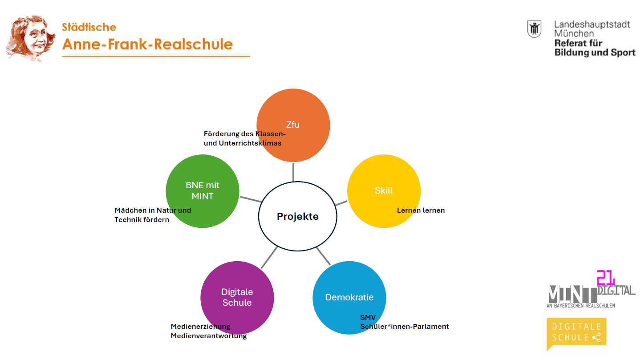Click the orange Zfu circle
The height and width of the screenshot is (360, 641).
[293, 125]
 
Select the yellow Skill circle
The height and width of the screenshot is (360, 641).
[384, 191]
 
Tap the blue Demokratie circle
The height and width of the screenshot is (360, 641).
[349, 298]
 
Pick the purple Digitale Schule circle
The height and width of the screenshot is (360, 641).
[237, 298]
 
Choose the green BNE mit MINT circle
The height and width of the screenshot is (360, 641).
[202, 191]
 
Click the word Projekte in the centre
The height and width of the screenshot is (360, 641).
[298, 216]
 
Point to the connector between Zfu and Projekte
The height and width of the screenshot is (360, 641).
[293, 172]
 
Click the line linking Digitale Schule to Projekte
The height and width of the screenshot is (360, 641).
[269, 258]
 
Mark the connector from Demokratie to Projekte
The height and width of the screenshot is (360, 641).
[323, 256]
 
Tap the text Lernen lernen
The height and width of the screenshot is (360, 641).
[421, 210]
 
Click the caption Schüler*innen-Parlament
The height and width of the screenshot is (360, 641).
[404, 327]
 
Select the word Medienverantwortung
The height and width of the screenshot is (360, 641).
[209, 336]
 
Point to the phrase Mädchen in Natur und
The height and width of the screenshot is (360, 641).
[153, 210]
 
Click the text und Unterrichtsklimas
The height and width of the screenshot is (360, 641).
[243, 143]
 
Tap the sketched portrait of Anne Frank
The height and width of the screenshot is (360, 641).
[31, 38]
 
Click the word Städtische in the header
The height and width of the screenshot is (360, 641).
[89, 27]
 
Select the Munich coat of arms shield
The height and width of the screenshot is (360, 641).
[534, 29]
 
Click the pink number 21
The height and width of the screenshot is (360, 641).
[605, 278]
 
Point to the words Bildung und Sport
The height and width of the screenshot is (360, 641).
[595, 53]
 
